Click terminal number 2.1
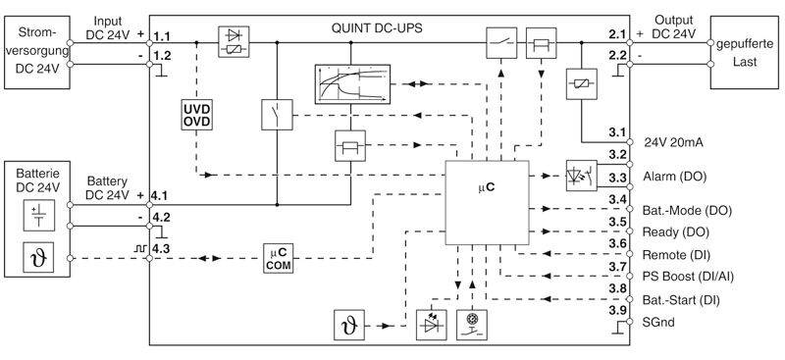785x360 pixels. point(617,34)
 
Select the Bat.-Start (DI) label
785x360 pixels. point(684,298)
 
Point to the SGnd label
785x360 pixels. point(659,322)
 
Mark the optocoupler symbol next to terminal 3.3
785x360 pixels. point(579,177)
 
